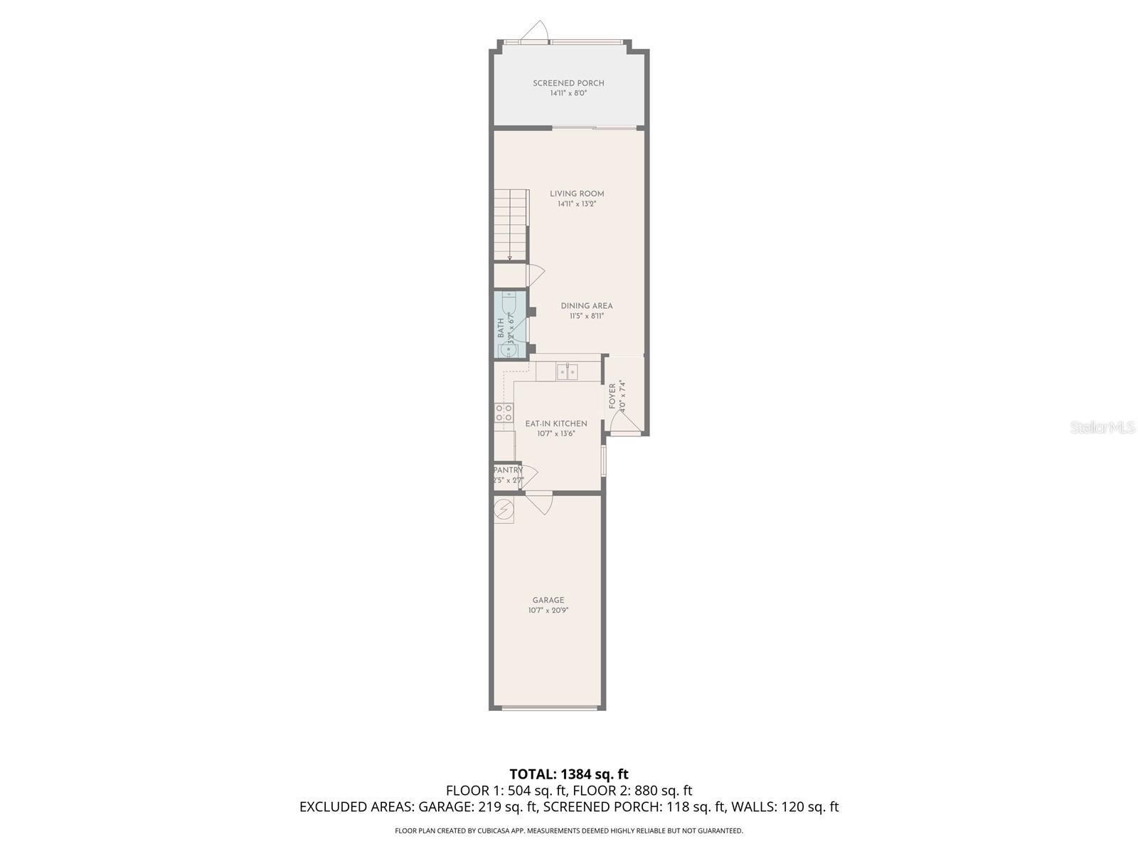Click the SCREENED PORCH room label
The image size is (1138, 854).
568,83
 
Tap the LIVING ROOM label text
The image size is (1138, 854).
577,194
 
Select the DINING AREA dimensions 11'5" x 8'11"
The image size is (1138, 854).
586,316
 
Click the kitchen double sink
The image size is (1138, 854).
567,371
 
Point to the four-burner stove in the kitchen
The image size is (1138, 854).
504,413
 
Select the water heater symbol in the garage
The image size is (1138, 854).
504,510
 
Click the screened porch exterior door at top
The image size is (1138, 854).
533,32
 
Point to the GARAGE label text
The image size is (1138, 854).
548,600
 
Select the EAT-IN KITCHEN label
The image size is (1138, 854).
556,423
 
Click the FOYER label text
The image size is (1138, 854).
612,396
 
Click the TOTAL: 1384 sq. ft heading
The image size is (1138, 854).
569,774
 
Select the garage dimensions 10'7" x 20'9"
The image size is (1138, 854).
548,610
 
